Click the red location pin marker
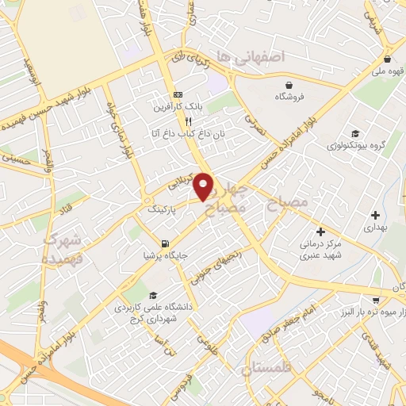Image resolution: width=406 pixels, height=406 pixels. (x=205, y=186)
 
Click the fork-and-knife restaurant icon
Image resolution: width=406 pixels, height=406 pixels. (x=188, y=121)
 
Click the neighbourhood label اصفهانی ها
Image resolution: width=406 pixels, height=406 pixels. (x=226, y=57)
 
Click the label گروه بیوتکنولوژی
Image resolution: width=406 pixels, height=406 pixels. (x=358, y=146)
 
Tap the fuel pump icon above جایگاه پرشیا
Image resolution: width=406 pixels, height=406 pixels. (x=164, y=243)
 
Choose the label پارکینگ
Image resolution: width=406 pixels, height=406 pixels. (x=163, y=209)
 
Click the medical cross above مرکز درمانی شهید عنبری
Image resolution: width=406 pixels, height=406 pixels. (x=320, y=232)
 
